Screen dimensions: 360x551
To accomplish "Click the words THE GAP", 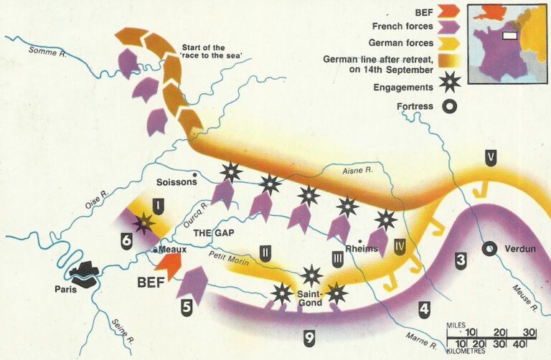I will point(215,234).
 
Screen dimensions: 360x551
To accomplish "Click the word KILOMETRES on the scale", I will point(466,351).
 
